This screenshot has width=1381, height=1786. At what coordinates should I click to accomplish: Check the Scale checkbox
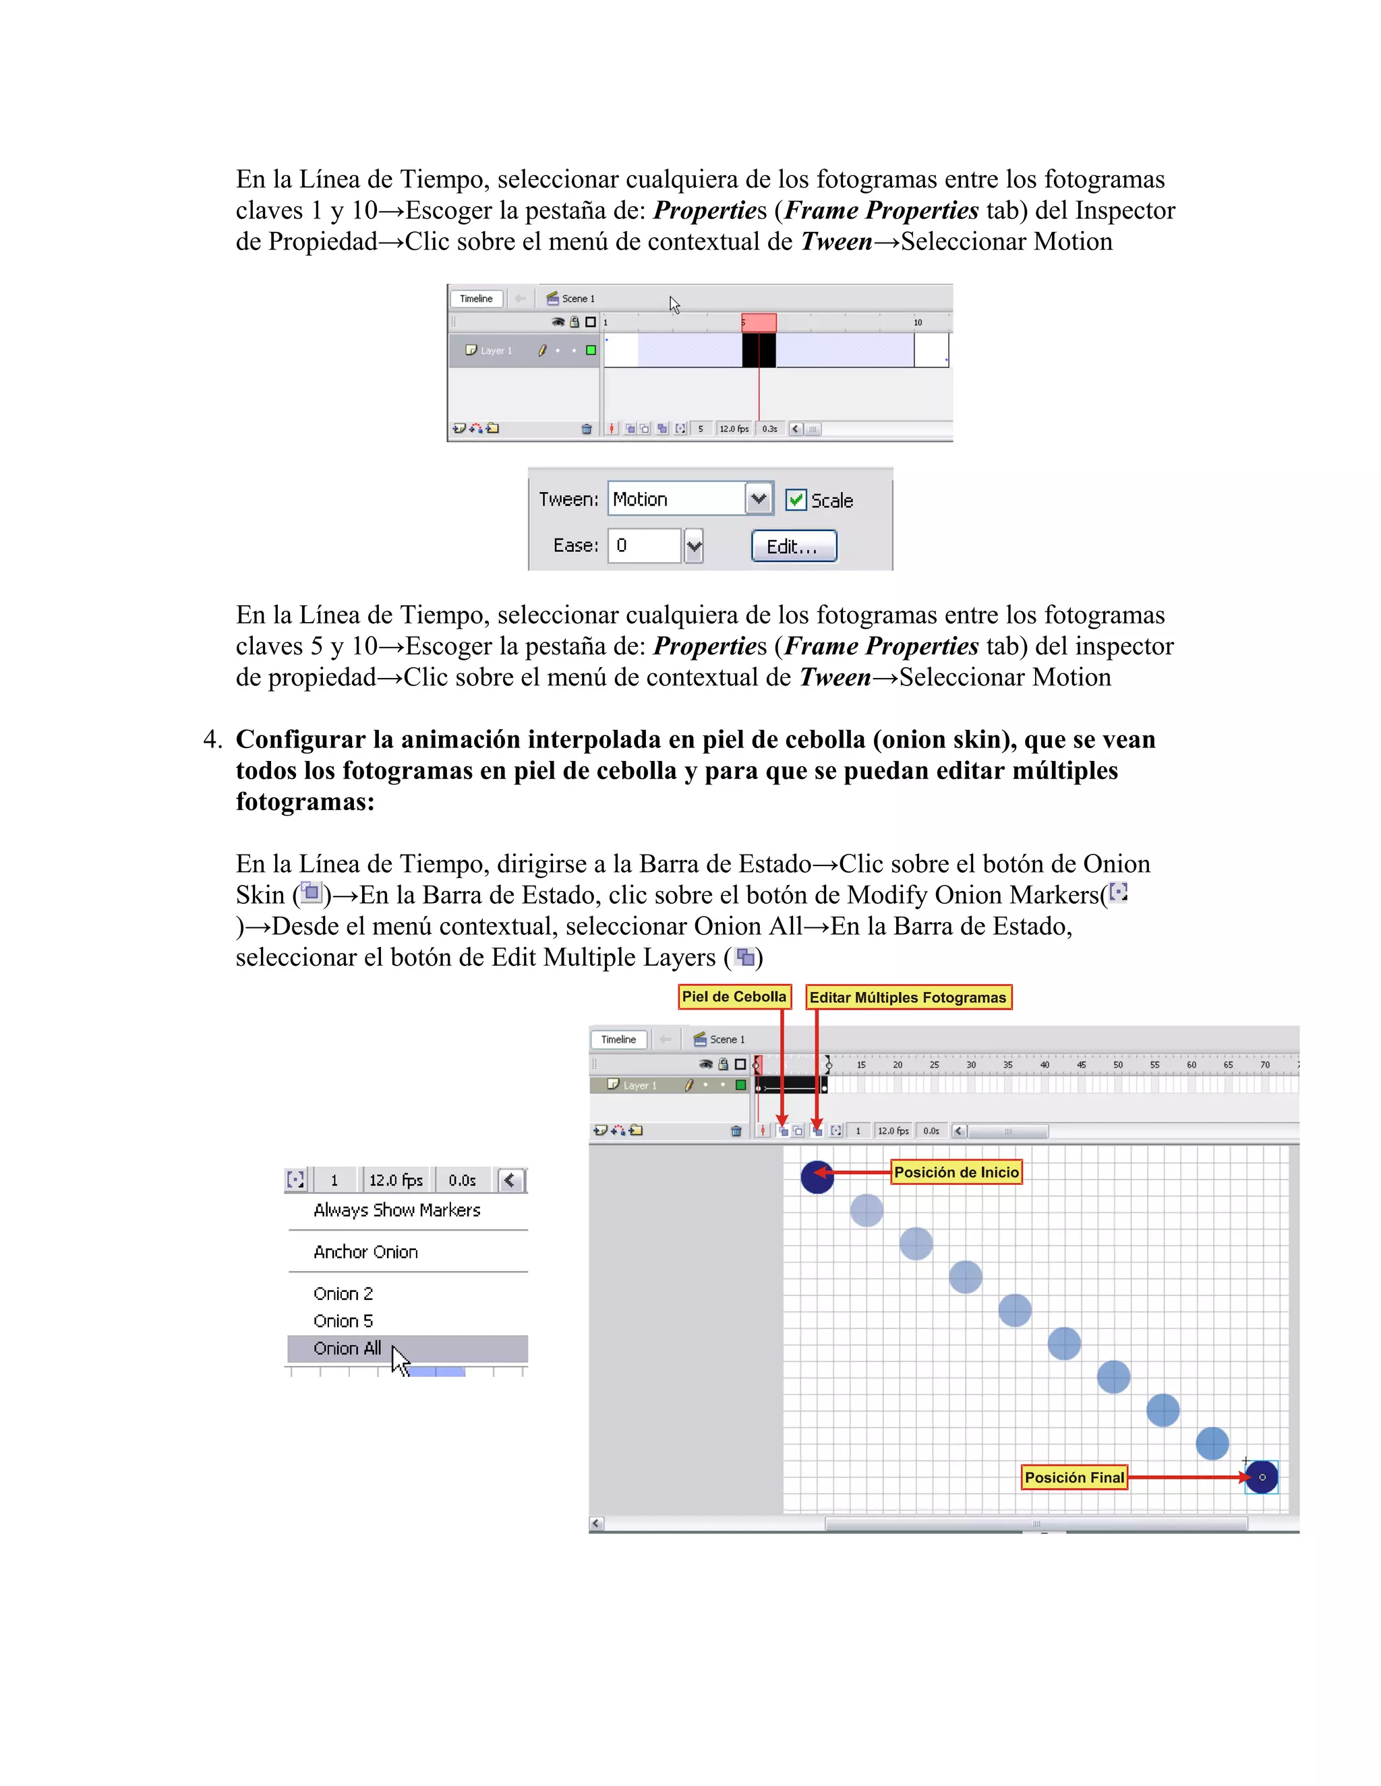[x=795, y=499]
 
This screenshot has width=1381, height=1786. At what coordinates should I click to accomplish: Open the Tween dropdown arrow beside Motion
[x=759, y=499]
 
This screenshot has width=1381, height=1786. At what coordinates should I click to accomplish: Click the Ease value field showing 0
[x=644, y=545]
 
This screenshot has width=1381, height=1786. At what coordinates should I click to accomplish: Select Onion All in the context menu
[x=348, y=1349]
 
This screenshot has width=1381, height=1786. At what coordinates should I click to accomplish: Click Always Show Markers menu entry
[x=396, y=1210]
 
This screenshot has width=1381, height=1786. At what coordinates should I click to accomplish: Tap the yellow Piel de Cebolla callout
[x=734, y=997]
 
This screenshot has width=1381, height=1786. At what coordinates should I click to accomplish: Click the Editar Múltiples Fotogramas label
[x=908, y=997]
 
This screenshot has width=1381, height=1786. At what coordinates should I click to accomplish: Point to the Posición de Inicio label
[x=956, y=1173]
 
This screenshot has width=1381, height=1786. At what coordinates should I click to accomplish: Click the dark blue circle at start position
[x=816, y=1177]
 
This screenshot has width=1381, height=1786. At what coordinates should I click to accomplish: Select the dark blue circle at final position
[x=1262, y=1477]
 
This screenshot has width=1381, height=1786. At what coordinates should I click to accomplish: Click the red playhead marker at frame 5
[x=759, y=323]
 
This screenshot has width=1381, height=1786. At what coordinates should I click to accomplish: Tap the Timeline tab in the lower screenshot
[x=618, y=1039]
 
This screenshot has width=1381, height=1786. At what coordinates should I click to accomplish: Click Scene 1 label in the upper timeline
[x=578, y=299]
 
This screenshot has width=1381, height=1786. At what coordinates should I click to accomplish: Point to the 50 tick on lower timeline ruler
[x=1117, y=1065]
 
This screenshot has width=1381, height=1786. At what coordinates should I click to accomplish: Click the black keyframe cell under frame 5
[x=759, y=350]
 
